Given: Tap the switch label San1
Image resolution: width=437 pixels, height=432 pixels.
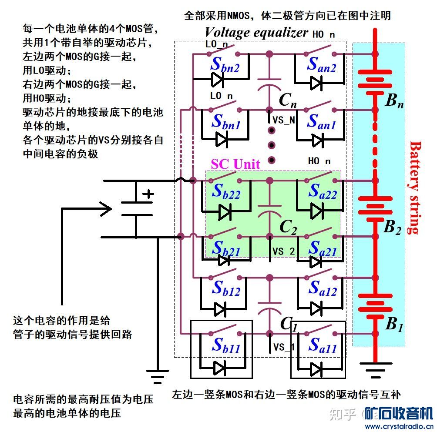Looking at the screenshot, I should click(x=321, y=122).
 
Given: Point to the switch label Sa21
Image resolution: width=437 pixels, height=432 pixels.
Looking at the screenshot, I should click(x=322, y=248).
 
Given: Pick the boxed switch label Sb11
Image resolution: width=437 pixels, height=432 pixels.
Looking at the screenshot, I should click(x=225, y=345).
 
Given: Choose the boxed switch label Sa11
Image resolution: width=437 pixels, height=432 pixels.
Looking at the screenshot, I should click(x=322, y=345).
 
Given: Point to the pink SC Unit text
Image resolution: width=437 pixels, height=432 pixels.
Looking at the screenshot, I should click(x=235, y=164).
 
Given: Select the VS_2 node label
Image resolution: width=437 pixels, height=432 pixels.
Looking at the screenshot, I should click(x=283, y=251).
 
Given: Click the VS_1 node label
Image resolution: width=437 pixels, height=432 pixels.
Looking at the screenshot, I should click(x=283, y=347).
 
